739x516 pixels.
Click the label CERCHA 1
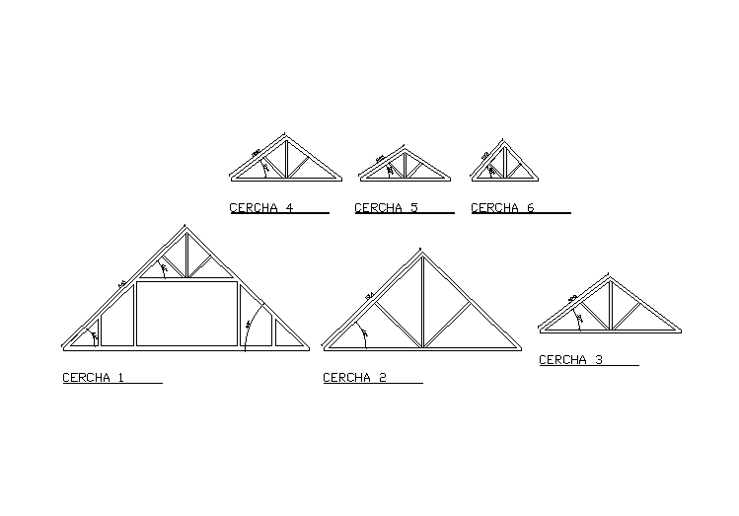[x=93, y=378]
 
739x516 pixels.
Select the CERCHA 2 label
[x=353, y=378]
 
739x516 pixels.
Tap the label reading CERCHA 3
[x=570, y=361]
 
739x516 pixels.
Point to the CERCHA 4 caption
[x=261, y=208]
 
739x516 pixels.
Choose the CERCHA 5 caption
[x=386, y=208]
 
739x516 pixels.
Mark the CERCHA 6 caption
[x=502, y=208]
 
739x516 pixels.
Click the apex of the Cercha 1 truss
[x=185, y=230]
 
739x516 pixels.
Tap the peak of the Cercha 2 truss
[x=421, y=252]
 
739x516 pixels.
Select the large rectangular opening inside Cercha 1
[x=186, y=313]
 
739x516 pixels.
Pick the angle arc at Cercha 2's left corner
[x=363, y=336]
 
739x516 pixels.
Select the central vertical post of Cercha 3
[x=611, y=305]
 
